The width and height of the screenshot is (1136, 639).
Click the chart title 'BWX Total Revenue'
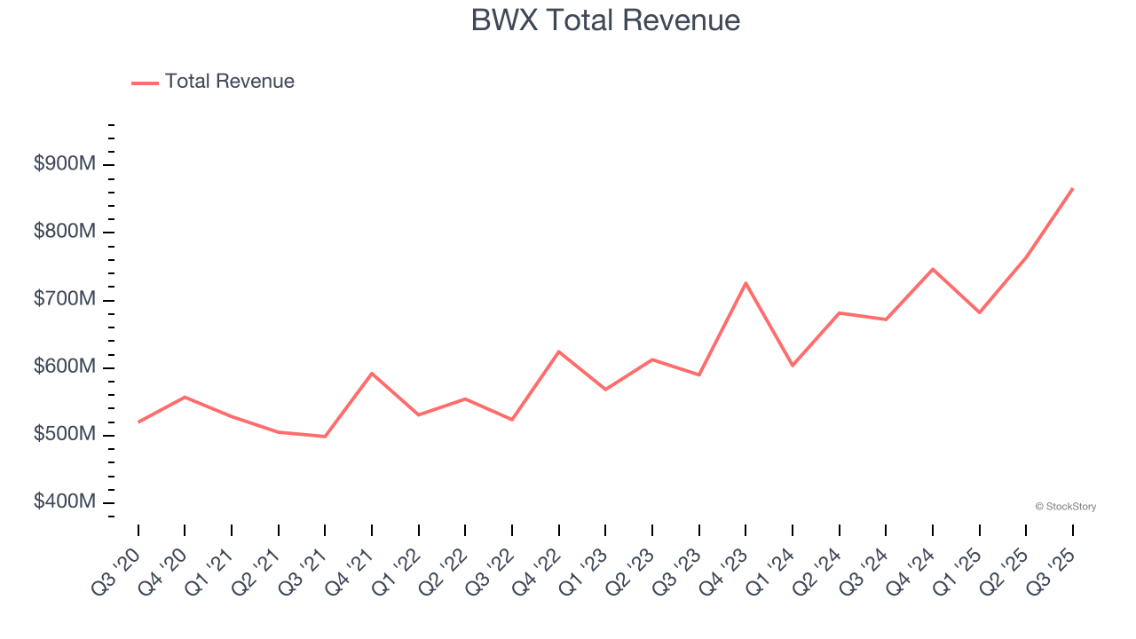point(605,20)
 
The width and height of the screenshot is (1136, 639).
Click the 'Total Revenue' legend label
point(229,82)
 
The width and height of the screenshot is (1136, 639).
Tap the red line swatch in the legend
point(145,83)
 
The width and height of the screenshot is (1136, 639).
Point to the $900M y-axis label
point(65,164)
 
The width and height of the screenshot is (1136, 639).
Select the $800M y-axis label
point(65,232)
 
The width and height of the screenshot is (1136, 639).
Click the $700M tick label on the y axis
point(65,299)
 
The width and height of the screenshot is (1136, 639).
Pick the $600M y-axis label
point(65,367)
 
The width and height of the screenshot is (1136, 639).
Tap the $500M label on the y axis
point(65,434)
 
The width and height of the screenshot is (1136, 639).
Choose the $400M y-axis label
point(65,501)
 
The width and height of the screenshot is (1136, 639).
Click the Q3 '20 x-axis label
point(116,572)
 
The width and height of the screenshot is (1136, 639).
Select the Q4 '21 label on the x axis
point(350,572)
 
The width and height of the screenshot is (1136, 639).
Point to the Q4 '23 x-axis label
point(723,572)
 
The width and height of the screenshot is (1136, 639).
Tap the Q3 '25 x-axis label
point(1051,572)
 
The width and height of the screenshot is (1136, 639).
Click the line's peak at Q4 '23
point(745,283)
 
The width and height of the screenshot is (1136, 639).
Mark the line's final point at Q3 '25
point(1072,188)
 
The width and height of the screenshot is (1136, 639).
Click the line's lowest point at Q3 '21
point(325,437)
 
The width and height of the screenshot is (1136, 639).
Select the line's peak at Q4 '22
point(558,351)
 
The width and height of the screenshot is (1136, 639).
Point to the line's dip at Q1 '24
point(792,366)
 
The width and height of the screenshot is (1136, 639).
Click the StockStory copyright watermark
point(1065,507)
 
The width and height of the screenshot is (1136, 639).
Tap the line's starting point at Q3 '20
point(138,422)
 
